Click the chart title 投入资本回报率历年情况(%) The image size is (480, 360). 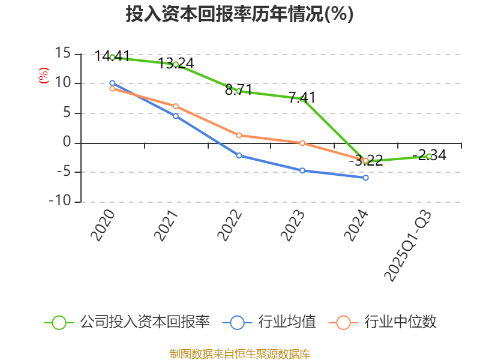pos(240,14)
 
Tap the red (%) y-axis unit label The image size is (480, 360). pos(43,76)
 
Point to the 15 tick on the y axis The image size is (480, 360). pos(63,54)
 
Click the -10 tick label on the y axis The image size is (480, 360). pos(60,202)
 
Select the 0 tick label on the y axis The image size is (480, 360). pos(67,143)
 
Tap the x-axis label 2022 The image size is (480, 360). pos(231,226)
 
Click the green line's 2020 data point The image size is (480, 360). pos(112,58)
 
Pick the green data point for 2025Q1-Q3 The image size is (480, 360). pos(429,156)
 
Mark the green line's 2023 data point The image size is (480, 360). pos(302,98)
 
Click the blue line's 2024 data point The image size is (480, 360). pos(366,178)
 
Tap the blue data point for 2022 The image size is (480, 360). pos(239,155)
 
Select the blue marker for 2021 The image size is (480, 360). pos(176,116)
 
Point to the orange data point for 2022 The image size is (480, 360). pos(239,135)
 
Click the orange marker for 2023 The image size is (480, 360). pos(302,143)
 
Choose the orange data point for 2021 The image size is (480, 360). pos(176,106)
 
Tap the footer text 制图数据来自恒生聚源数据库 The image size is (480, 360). pos(240,353)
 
